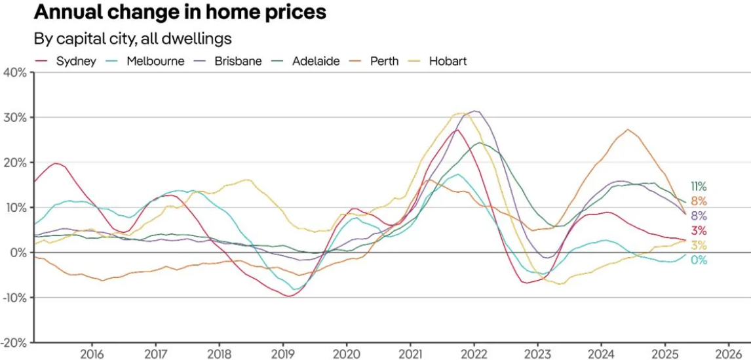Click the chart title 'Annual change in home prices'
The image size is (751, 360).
[180, 12]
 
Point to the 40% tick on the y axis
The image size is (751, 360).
[14, 72]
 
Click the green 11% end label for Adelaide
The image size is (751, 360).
[699, 186]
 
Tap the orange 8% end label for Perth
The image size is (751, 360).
[699, 201]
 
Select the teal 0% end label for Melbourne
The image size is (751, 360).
[699, 260]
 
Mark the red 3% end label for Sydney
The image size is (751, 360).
[699, 230]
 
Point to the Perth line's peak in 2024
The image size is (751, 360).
[628, 129]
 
